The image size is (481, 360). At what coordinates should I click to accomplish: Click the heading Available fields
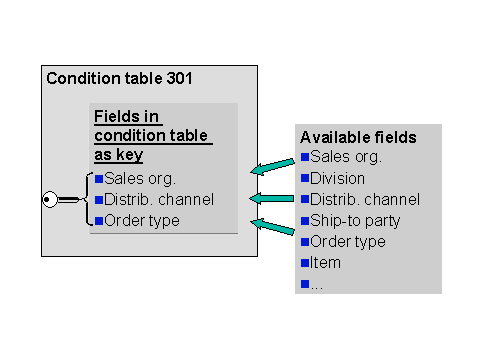click(x=358, y=137)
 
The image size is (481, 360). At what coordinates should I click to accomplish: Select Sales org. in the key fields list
click(x=140, y=179)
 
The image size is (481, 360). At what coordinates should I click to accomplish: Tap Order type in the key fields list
click(x=142, y=220)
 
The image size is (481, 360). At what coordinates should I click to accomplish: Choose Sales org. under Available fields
click(x=346, y=156)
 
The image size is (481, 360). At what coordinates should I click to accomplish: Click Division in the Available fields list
click(x=338, y=177)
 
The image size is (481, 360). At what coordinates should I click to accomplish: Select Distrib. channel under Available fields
click(x=365, y=198)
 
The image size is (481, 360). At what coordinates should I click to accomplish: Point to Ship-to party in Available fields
click(x=355, y=220)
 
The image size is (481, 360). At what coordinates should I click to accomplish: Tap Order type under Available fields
click(x=348, y=241)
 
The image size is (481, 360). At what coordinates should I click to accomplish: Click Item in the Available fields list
click(x=326, y=262)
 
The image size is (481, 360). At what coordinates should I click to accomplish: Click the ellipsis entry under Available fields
click(x=317, y=284)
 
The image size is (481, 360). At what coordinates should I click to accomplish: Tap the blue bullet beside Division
click(x=305, y=178)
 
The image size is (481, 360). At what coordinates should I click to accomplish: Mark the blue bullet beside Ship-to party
click(x=305, y=220)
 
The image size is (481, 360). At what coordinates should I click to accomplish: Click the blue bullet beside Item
click(x=305, y=263)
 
